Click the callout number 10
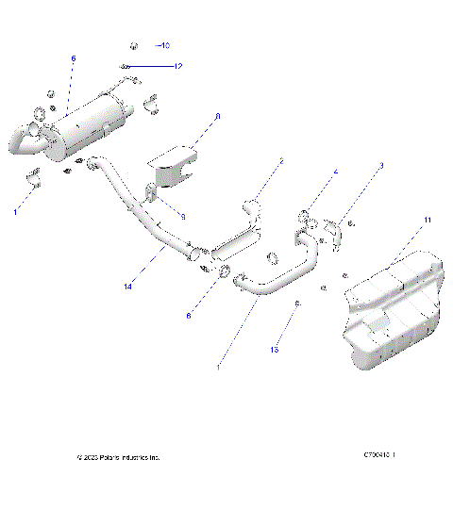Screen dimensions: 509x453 tap(164, 45)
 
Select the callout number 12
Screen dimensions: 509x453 tap(176, 66)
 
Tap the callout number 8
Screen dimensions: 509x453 tap(217, 117)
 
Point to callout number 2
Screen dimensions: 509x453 tap(280, 162)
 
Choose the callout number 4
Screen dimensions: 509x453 tap(333, 172)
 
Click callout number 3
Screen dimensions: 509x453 tap(380, 166)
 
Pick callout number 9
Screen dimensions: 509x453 tap(182, 217)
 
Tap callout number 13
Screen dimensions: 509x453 tap(276, 349)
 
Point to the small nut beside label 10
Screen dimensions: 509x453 tap(133, 45)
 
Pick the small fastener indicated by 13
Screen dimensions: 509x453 tap(297, 304)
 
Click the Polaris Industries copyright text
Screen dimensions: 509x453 tap(118, 457)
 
